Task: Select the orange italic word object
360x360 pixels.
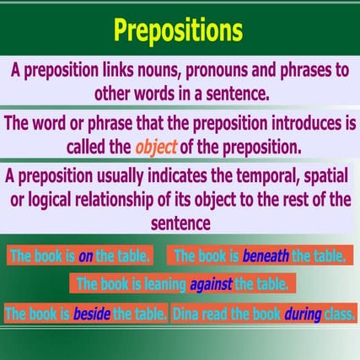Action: point(156,147)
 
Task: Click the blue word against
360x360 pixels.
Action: point(211,284)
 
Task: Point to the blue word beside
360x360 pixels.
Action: point(92,314)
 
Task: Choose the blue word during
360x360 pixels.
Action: point(303,314)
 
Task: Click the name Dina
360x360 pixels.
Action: point(188,314)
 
